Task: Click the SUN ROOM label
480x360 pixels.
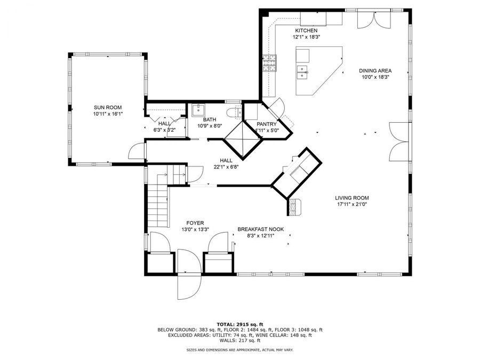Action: tap(108, 107)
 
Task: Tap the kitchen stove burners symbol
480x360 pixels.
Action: tap(269, 63)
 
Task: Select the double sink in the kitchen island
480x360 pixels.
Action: tap(303, 71)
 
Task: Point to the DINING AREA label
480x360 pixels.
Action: tap(375, 70)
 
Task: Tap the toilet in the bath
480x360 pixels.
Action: tap(233, 113)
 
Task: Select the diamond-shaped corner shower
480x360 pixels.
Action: tap(243, 139)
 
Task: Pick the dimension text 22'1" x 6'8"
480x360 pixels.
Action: tap(226, 167)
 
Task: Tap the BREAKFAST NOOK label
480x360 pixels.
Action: tap(261, 229)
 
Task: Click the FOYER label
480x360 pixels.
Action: tap(195, 223)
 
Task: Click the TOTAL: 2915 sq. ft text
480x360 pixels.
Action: tap(239, 324)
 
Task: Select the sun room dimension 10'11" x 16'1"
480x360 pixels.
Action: tap(108, 114)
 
